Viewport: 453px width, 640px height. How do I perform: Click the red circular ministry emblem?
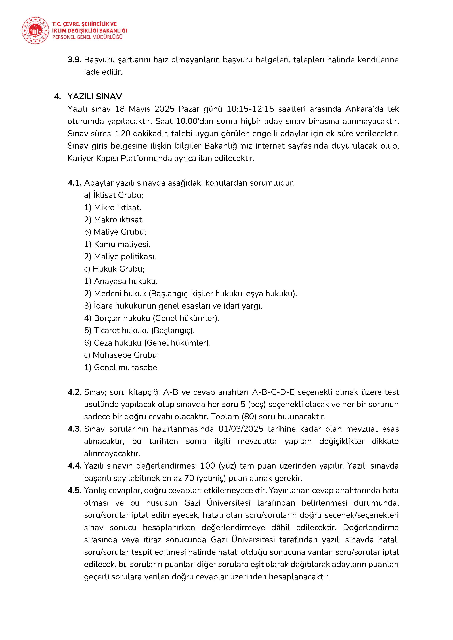click(35, 30)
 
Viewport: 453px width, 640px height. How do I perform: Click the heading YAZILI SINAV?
click(95, 97)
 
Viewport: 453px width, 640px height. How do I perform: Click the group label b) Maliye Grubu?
click(115, 232)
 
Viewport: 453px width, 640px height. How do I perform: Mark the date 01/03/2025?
click(241, 429)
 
